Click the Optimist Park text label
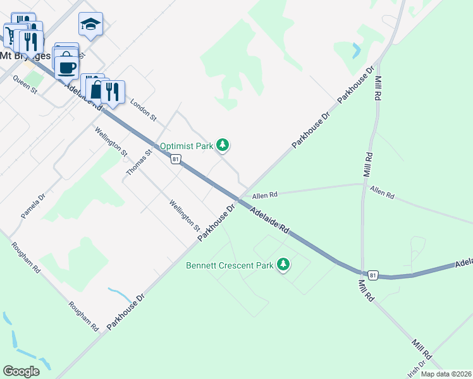187,146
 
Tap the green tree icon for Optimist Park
222,145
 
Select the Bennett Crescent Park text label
230,265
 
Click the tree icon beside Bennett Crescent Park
284,265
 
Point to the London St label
143,109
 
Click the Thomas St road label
139,163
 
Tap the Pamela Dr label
33,207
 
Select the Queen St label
25,86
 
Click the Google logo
21,371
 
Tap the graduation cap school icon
90,25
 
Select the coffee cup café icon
66,66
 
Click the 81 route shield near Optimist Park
176,159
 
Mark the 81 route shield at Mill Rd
373,275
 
